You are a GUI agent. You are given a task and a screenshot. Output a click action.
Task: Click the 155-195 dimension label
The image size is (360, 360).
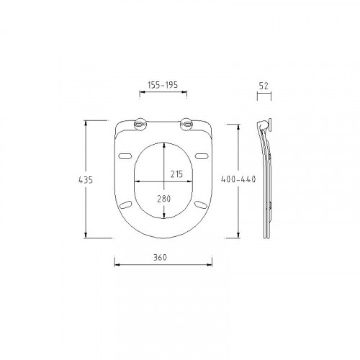[163, 85]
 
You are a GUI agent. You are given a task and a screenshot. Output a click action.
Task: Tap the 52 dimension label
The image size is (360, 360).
[264, 86]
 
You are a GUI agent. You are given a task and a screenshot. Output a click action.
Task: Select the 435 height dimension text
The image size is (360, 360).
[86, 180]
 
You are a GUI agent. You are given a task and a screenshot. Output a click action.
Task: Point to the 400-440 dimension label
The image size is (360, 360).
[238, 179]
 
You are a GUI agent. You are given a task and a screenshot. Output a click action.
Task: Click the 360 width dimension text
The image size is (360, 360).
[160, 257]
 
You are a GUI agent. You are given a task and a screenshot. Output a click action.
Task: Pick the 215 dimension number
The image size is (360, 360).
[176, 174]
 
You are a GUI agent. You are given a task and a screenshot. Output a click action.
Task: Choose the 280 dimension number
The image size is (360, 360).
[164, 199]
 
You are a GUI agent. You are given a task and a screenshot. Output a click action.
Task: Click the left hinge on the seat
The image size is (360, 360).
[140, 125]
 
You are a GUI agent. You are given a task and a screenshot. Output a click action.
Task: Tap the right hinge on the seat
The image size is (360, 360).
[186, 125]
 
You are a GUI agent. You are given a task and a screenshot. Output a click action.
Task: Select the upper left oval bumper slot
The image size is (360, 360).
[125, 156]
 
